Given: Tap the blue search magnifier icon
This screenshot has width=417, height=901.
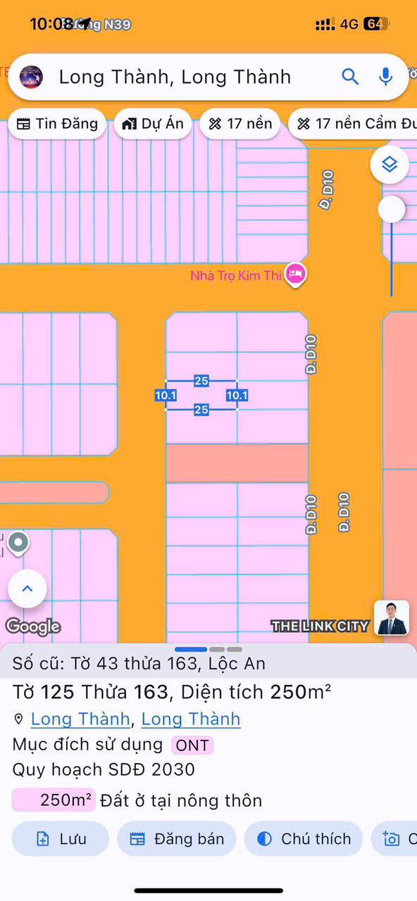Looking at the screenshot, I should (x=350, y=77).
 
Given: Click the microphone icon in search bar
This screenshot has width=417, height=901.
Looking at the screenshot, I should (x=385, y=77).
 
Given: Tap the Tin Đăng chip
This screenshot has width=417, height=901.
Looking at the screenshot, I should (x=57, y=124).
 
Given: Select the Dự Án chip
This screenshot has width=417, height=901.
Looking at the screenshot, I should (x=153, y=124).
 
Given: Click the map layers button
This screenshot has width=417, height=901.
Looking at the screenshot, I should (x=390, y=165).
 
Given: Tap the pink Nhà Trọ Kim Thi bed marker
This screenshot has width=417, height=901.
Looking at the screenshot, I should (x=296, y=275).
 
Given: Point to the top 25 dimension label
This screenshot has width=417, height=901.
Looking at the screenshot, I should (x=201, y=381).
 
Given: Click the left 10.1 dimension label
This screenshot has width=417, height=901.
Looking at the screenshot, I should (x=166, y=396).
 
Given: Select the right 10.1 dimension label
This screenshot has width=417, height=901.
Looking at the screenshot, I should (x=237, y=396).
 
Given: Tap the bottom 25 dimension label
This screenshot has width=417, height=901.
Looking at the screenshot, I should (x=201, y=410).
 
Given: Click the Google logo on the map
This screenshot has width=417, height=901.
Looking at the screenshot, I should (x=33, y=626).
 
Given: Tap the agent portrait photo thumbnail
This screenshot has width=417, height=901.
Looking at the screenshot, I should (x=392, y=618).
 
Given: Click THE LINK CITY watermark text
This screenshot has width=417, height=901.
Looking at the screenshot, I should (x=320, y=626).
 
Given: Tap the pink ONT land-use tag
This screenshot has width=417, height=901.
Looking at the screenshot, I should (x=192, y=745).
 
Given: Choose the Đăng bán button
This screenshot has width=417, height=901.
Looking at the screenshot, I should (x=177, y=838).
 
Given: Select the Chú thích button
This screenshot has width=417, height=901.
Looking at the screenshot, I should (x=304, y=838).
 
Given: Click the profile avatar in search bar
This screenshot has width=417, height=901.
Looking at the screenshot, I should (x=31, y=77).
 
